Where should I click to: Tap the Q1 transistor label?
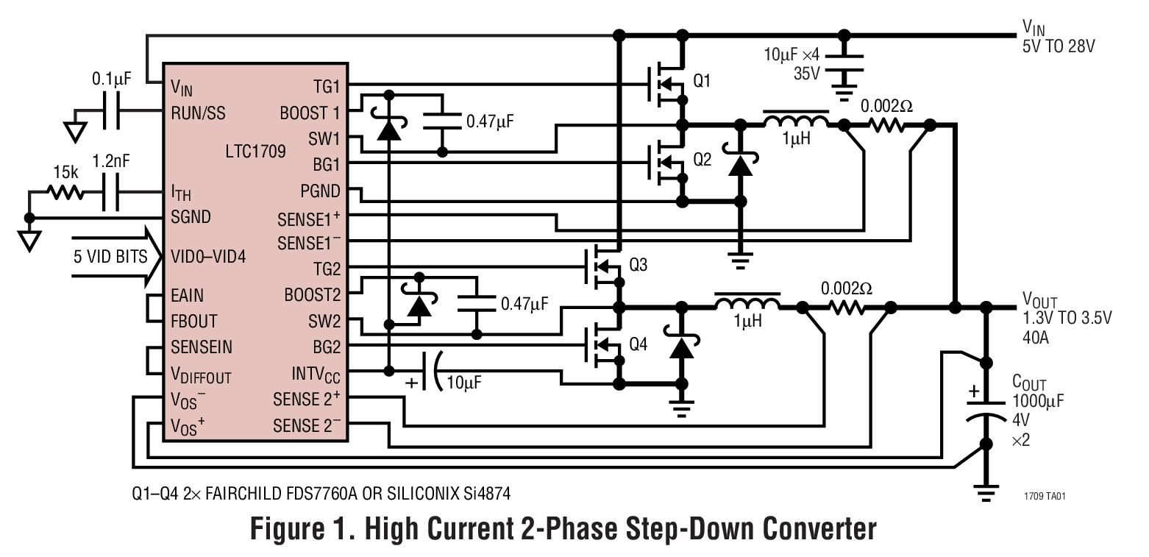[x=702, y=82]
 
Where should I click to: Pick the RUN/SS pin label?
[x=198, y=113]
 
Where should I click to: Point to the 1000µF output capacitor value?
[x=1038, y=401]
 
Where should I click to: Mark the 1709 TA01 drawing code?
[x=1045, y=496]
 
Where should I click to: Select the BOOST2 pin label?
[x=313, y=295]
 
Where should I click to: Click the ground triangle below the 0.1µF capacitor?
[x=73, y=131]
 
